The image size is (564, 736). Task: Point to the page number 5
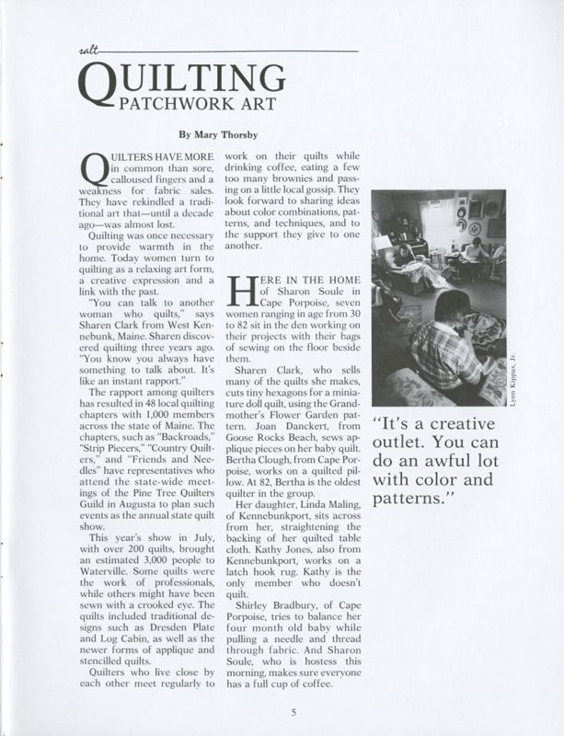[292, 710]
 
